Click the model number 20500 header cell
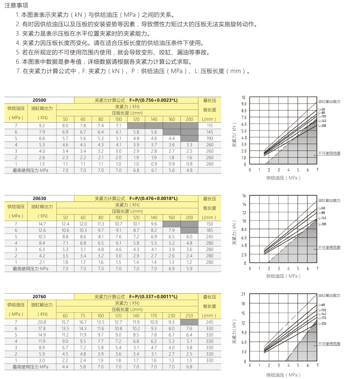[39, 100]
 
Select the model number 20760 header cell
[39, 297]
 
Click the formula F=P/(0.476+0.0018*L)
[153, 198]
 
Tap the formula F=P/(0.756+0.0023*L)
[153, 100]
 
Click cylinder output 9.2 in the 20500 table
[42, 126]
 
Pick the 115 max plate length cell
[210, 126]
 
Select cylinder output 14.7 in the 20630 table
[42, 224]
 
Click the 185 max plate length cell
[210, 230]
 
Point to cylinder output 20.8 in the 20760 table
[42, 322]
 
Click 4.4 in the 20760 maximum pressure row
[65, 367]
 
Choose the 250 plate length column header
[189, 316]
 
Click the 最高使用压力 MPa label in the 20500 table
[30, 170]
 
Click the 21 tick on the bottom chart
[244, 294]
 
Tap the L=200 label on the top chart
[322, 126]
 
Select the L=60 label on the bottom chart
[322, 305]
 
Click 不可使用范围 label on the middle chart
[329, 247]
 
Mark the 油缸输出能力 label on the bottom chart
[329, 295]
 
